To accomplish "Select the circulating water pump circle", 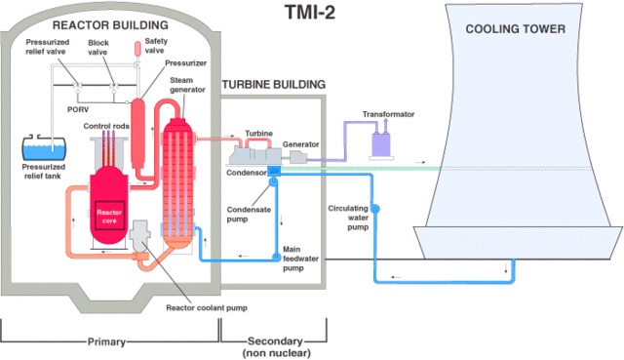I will [374, 209].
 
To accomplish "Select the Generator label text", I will [301, 144].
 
